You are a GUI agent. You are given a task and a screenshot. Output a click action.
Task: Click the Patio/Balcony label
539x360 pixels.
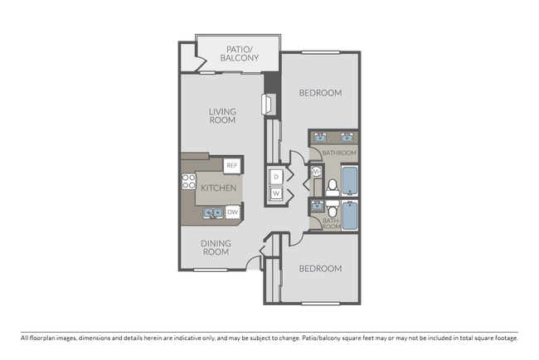(x=242, y=55)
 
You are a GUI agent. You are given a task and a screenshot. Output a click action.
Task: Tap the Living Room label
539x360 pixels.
(x=222, y=116)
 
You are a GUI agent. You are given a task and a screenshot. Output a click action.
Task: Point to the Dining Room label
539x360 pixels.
(x=216, y=247)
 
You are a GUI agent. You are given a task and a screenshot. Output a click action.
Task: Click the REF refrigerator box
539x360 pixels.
(x=231, y=166)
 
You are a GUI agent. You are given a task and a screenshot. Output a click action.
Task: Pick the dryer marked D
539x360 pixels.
(x=275, y=176)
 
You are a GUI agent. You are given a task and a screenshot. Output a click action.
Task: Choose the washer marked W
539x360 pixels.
(x=275, y=195)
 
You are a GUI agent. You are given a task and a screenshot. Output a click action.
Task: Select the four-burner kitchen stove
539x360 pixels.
(x=189, y=182)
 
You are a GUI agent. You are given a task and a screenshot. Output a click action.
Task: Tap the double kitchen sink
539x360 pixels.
(x=213, y=213)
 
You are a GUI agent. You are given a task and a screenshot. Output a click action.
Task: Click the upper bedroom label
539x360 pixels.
(x=320, y=93)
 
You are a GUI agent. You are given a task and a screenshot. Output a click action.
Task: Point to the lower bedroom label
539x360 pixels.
(x=320, y=269)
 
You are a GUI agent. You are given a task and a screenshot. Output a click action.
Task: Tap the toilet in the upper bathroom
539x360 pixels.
(x=331, y=186)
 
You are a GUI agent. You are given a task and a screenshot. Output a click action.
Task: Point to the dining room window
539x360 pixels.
(x=214, y=271)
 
